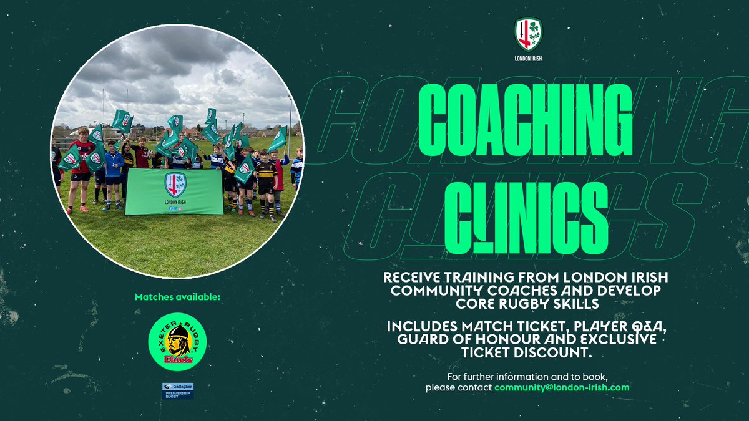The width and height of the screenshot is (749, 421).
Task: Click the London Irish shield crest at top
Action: (528, 34)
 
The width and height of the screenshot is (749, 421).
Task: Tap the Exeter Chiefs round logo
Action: (177, 342)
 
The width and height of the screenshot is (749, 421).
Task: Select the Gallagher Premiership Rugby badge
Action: (177, 390)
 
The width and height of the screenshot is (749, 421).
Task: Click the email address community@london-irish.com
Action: (562, 387)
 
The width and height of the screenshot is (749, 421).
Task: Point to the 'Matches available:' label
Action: (177, 297)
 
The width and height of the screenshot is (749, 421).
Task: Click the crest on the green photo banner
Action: (175, 185)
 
